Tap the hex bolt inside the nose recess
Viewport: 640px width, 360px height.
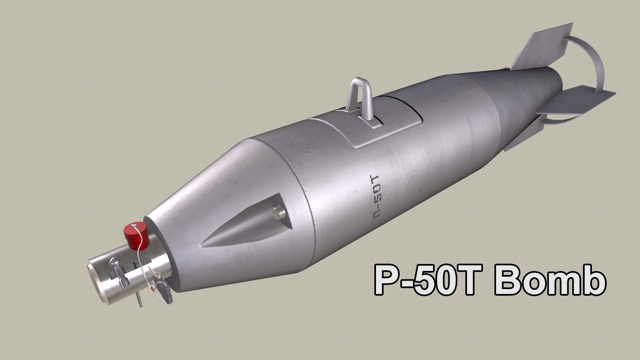(x=278, y=212)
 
